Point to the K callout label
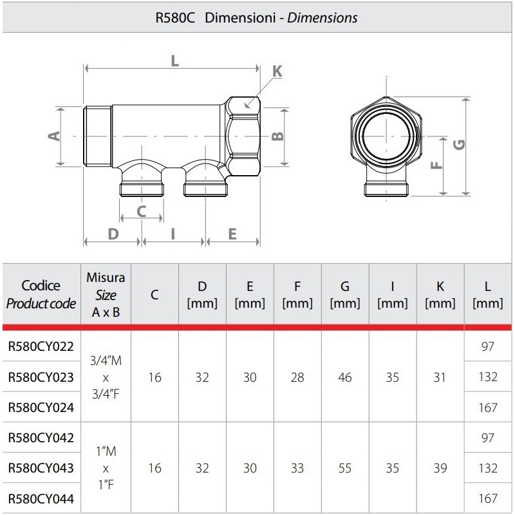(x=277, y=71)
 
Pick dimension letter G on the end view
(x=458, y=145)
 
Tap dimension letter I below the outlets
(x=173, y=234)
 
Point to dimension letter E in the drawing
(x=232, y=234)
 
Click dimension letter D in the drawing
(x=113, y=234)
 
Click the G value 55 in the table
(x=344, y=468)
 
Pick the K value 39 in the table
(x=440, y=468)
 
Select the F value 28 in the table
(x=297, y=377)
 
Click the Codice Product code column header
(x=40, y=294)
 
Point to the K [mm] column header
(x=440, y=294)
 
